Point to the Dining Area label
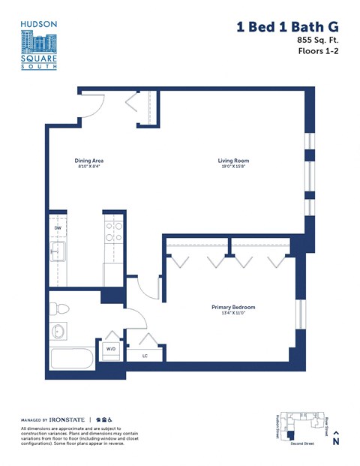[89, 161]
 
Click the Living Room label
[233, 161]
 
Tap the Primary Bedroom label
[233, 308]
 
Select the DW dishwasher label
[58, 227]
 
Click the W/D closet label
[110, 349]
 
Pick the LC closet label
[145, 356]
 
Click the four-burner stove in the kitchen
[113, 232]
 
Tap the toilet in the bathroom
[61, 308]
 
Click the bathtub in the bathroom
[72, 359]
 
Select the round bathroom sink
[58, 332]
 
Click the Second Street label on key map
[303, 443]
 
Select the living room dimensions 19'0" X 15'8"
[233, 167]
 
